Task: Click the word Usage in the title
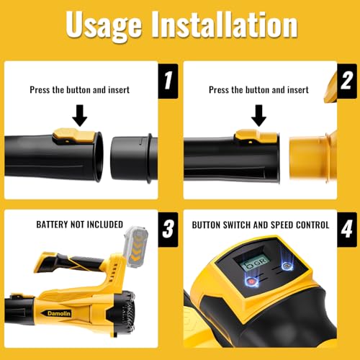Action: (104, 26)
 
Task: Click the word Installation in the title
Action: (224, 24)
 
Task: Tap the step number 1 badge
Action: (168, 81)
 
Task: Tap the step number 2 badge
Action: (347, 81)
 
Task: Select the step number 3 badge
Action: (168, 230)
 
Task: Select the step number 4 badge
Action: (347, 230)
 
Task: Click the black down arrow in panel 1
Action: (80, 115)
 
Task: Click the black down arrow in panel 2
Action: (258, 115)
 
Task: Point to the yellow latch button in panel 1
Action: (74, 136)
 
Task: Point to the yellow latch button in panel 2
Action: (256, 136)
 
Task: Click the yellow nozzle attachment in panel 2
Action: (313, 157)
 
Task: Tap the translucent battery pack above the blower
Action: (135, 247)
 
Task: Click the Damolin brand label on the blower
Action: (59, 313)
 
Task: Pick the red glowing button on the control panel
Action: (251, 281)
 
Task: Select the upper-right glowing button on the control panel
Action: (287, 266)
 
